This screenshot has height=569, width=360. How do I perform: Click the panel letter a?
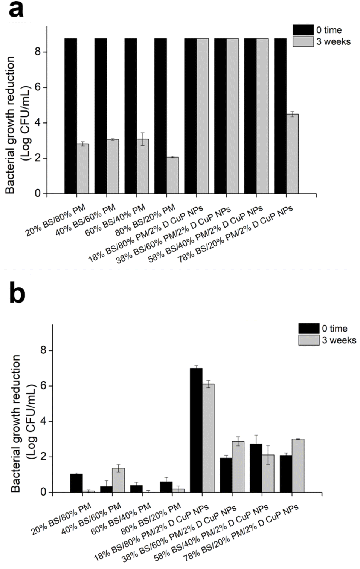[x=16, y=9]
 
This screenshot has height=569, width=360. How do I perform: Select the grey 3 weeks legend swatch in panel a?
[x=303, y=41]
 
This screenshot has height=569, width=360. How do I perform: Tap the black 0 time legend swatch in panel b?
[x=309, y=328]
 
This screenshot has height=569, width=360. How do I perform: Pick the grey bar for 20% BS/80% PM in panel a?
[x=83, y=169]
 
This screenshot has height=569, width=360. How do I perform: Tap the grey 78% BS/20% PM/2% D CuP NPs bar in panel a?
[x=292, y=154]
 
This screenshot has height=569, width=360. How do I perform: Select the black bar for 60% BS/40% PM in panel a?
[x=131, y=116]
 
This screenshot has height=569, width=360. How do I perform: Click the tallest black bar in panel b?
[x=196, y=430]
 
